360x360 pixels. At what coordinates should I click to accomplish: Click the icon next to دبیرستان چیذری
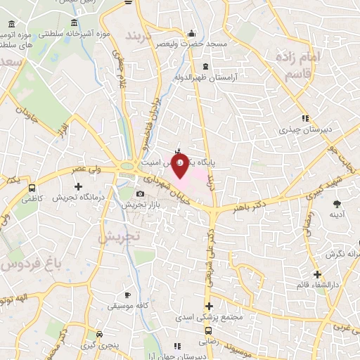point(304,118)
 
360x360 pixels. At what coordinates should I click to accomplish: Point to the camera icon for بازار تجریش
point(140,193)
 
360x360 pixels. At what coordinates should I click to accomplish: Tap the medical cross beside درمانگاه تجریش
point(77,187)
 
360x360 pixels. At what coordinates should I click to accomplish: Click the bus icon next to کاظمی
point(32,188)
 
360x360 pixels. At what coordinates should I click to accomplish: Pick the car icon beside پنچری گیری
point(101,334)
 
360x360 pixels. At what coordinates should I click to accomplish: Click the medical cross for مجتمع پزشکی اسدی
point(208,306)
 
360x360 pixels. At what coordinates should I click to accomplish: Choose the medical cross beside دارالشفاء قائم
point(318,274)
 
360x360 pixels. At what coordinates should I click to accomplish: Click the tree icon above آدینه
point(335,203)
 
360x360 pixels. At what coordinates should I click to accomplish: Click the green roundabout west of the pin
point(129,167)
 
